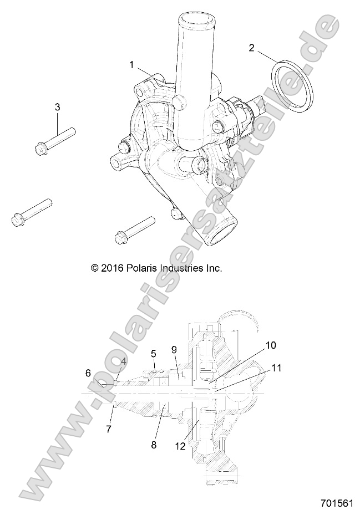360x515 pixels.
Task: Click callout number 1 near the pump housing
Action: point(131,65)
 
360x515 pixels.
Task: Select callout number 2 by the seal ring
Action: point(251,48)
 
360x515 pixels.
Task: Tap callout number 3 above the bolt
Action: point(57,106)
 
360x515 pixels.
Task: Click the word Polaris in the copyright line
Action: point(146,268)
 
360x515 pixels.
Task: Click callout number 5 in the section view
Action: point(154,353)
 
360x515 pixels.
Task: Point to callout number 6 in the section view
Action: point(88,374)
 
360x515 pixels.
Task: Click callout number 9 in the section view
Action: point(174,350)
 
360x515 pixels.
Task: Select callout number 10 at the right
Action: point(270,345)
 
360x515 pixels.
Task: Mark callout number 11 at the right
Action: point(276,367)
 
